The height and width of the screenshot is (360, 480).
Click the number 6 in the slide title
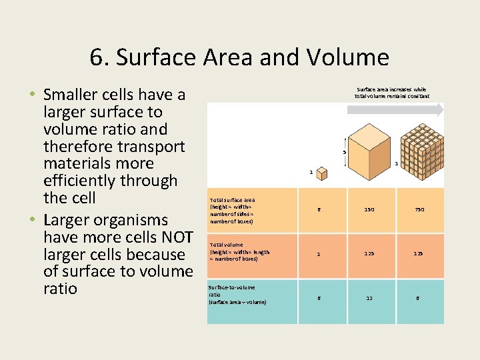coord(97,57)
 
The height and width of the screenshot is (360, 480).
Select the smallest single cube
coord(322,174)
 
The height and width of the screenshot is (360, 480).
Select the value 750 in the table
coord(419,209)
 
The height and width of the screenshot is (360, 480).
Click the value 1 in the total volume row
coord(319,253)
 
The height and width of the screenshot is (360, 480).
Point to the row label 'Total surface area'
coord(231,199)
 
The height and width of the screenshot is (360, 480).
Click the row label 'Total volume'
coord(227,245)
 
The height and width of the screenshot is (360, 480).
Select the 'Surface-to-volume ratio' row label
coord(231,287)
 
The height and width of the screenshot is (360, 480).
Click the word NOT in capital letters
coord(176,237)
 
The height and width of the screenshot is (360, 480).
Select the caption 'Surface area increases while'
coord(391,89)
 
